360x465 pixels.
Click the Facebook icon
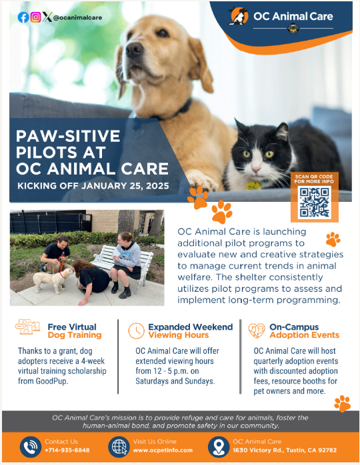tap(23, 18)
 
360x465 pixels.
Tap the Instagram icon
tap(35, 18)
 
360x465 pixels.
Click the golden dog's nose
tap(135, 48)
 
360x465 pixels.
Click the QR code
tap(314, 203)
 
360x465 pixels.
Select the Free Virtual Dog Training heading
tap(75, 331)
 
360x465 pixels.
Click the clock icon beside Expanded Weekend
tap(137, 330)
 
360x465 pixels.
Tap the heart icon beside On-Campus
tap(257, 330)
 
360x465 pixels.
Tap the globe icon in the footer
tap(119, 446)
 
